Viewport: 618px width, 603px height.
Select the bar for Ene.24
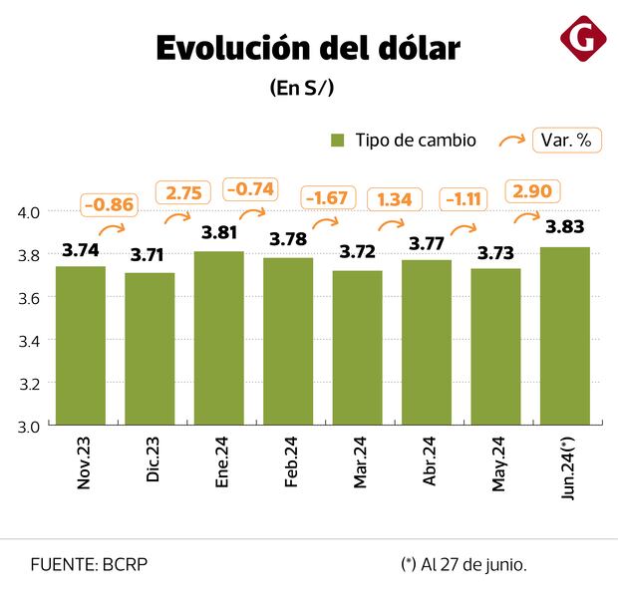(219, 338)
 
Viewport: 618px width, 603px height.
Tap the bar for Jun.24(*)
(565, 336)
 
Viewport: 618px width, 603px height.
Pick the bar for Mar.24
(358, 348)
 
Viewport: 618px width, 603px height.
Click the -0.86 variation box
(110, 205)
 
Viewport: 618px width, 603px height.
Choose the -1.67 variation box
(327, 198)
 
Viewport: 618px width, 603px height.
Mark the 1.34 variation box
(396, 198)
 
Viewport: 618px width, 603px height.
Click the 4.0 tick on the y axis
(28, 212)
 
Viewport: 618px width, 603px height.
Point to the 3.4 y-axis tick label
(28, 340)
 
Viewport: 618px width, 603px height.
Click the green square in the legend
(337, 141)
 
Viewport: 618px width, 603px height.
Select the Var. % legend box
(566, 141)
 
